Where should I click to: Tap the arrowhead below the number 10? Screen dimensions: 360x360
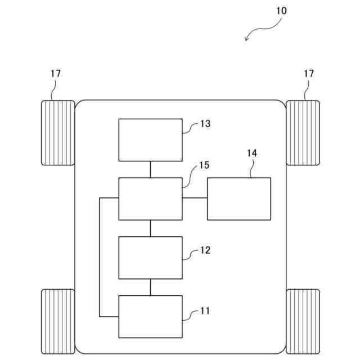tap(246, 38)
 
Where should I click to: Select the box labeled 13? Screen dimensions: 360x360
tap(150, 139)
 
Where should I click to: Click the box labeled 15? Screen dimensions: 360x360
tap(150, 199)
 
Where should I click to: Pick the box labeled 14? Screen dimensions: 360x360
tap(239, 199)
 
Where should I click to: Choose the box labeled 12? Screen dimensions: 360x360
tap(150, 258)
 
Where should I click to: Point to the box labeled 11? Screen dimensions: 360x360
tap(150, 316)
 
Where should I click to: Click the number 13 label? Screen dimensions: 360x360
tap(205, 124)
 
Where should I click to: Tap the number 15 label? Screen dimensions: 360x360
tap(204, 165)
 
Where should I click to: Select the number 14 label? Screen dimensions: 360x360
tap(251, 152)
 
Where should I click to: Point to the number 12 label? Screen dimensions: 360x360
tap(205, 250)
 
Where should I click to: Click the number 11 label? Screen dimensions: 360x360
tap(205, 310)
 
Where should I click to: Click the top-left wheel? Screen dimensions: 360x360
tap(58, 133)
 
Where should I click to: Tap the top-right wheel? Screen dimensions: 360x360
tap(303, 133)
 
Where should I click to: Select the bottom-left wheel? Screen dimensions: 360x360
tap(58, 321)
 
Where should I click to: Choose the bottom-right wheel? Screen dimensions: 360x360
tap(303, 321)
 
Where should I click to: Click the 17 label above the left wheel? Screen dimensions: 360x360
tap(55, 74)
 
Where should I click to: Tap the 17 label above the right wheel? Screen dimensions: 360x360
tap(309, 74)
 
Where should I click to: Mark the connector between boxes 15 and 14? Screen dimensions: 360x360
tap(195, 197)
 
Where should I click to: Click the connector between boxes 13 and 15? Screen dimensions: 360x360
tap(150, 169)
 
